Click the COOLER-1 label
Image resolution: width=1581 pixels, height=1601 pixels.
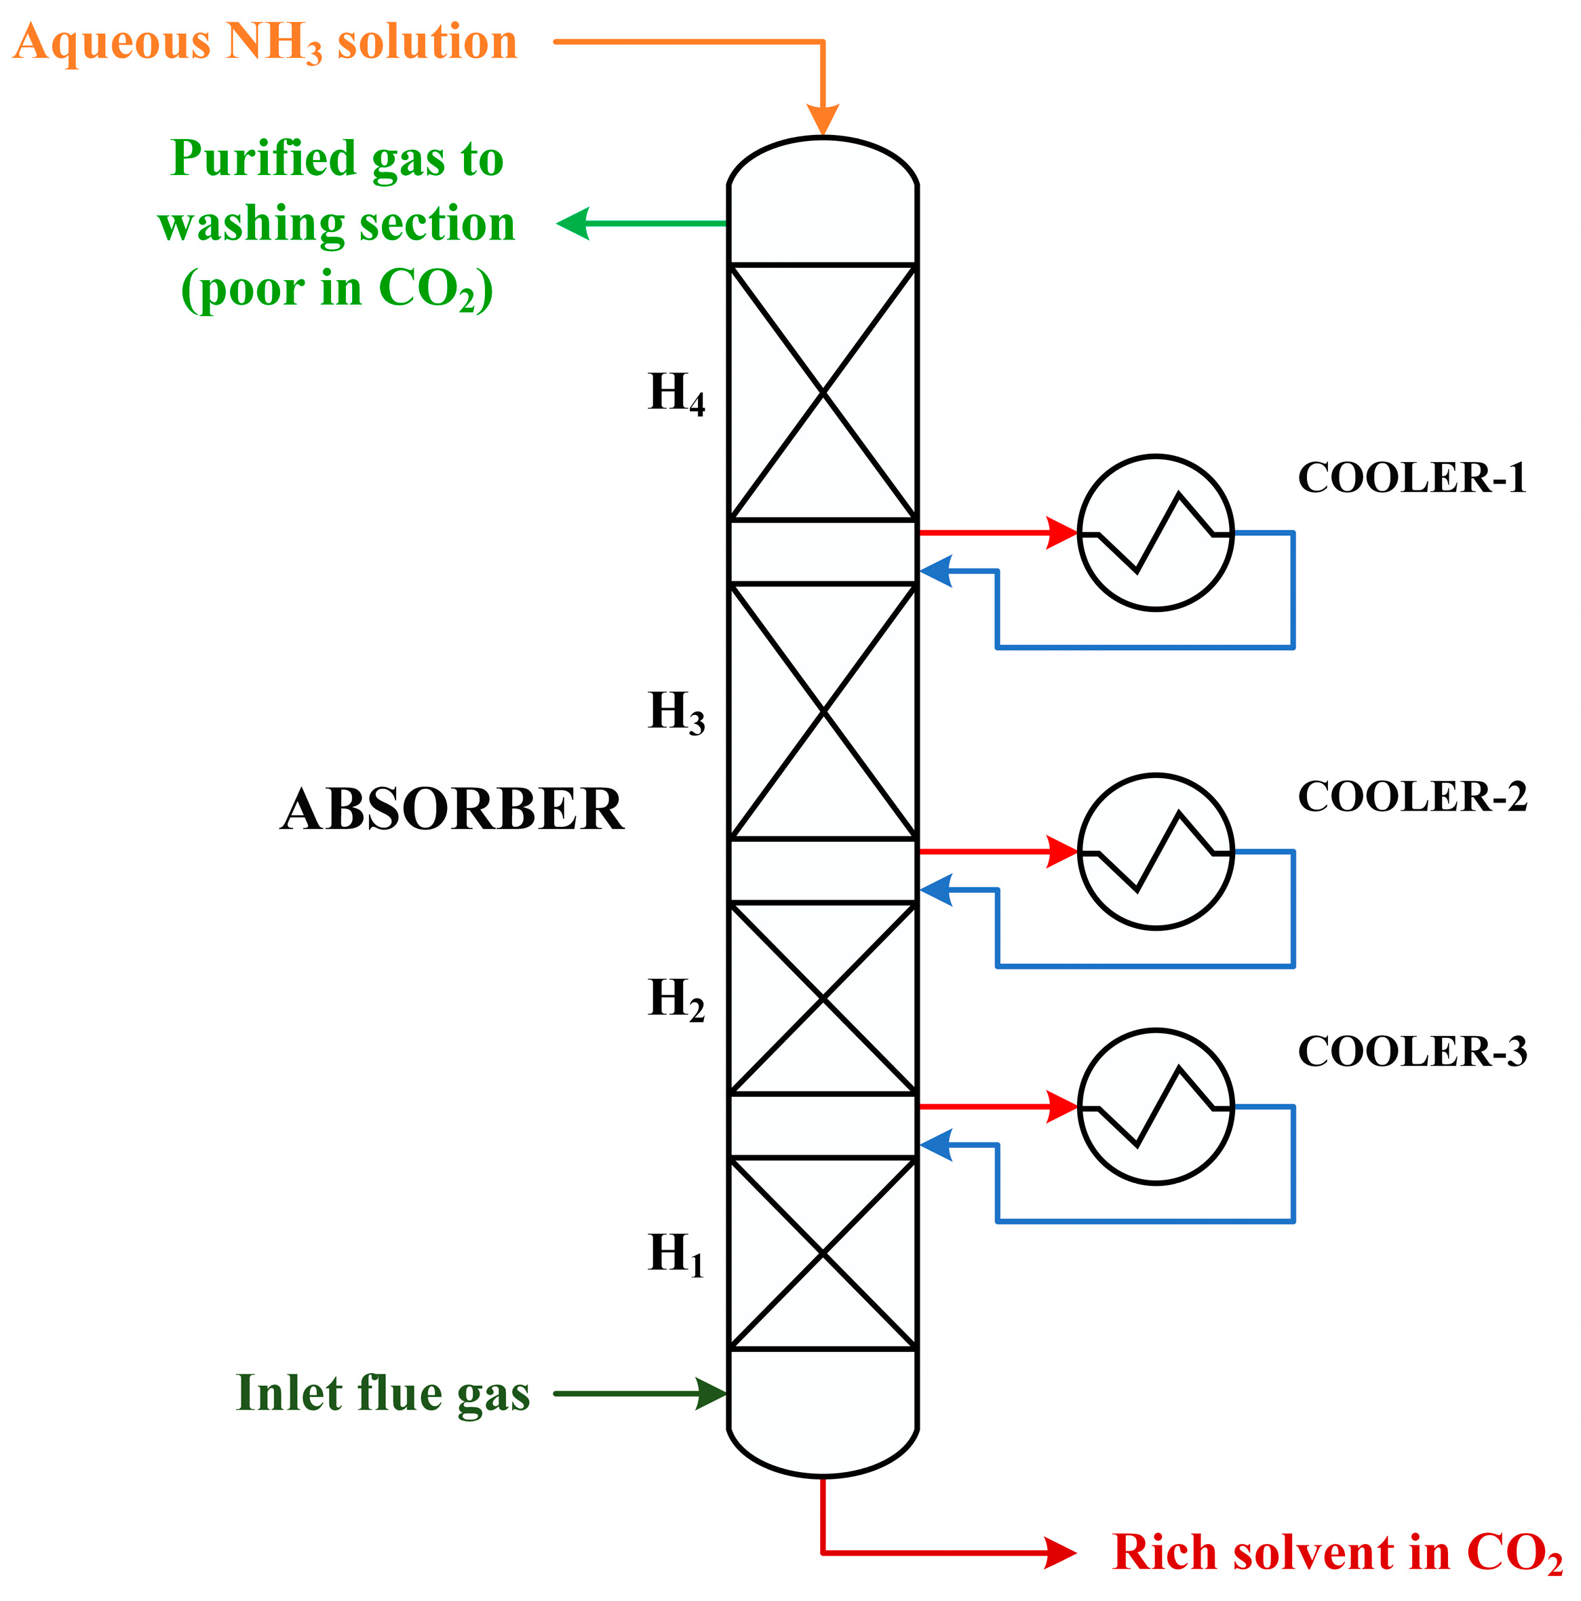pyautogui.click(x=1411, y=478)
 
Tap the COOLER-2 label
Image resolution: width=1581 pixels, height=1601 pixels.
pyautogui.click(x=1411, y=796)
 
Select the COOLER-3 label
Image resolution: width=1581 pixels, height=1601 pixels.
pyautogui.click(x=1411, y=1052)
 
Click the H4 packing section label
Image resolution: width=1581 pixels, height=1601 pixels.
pyautogui.click(x=676, y=393)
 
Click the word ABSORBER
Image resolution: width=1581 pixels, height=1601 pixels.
pyautogui.click(x=452, y=809)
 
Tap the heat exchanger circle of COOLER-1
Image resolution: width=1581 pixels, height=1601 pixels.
pyautogui.click(x=1155, y=533)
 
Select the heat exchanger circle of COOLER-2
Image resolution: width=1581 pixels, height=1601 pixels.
pyautogui.click(x=1155, y=852)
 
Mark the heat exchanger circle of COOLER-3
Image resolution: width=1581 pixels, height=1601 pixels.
pyautogui.click(x=1155, y=1107)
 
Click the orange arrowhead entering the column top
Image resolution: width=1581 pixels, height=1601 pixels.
pyautogui.click(x=823, y=120)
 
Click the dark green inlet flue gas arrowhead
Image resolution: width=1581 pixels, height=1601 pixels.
pyautogui.click(x=710, y=1394)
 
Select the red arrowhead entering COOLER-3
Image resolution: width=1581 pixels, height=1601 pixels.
pyautogui.click(x=1061, y=1107)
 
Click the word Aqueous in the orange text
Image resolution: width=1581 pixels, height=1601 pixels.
pyautogui.click(x=112, y=43)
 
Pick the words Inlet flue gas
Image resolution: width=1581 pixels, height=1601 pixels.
pyautogui.click(x=383, y=1394)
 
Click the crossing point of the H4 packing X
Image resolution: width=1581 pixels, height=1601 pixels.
pyautogui.click(x=823, y=392)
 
